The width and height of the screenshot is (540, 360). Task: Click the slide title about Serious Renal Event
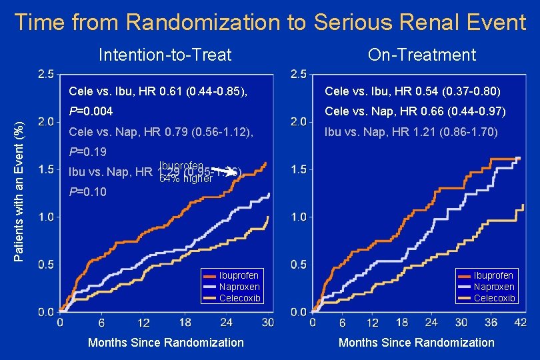click(x=270, y=23)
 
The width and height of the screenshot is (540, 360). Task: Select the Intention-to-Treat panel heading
click(x=165, y=55)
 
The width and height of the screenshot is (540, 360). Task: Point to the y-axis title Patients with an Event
click(x=21, y=182)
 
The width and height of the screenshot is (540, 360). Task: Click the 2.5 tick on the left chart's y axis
click(x=46, y=74)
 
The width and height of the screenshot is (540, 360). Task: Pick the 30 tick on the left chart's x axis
click(x=268, y=323)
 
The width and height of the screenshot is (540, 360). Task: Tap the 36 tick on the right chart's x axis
click(x=491, y=323)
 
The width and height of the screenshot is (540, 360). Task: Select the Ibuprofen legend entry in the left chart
click(x=239, y=275)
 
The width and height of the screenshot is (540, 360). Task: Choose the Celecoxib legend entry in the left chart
click(x=239, y=298)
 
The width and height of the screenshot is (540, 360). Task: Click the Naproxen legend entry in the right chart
click(x=493, y=287)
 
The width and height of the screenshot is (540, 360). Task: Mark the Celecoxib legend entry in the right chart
click(x=493, y=298)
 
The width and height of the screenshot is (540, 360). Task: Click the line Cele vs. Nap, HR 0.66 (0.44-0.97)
click(x=415, y=111)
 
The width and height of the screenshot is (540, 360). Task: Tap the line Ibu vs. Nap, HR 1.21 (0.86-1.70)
click(x=411, y=132)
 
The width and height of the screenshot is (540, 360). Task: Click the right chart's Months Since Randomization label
click(x=417, y=343)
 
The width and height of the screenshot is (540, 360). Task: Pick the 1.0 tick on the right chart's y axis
click(x=299, y=217)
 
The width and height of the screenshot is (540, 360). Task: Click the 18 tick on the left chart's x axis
click(x=185, y=323)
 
